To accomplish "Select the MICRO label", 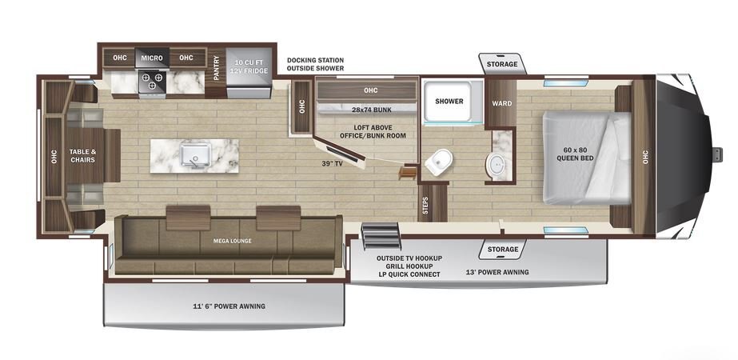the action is pyautogui.click(x=152, y=58).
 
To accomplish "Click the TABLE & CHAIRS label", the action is pyautogui.click(x=82, y=155).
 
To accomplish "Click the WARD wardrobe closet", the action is pyautogui.click(x=501, y=103).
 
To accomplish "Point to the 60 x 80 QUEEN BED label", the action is pyautogui.click(x=575, y=154).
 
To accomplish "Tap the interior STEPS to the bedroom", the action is pyautogui.click(x=433, y=202).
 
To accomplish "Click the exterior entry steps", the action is pyautogui.click(x=381, y=236).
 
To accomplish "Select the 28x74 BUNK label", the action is pyautogui.click(x=372, y=110).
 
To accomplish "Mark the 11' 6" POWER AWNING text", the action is pyautogui.click(x=229, y=306).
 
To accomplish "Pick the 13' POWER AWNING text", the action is pyautogui.click(x=497, y=272).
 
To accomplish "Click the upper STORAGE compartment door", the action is pyautogui.click(x=502, y=64).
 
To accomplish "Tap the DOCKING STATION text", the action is pyautogui.click(x=315, y=60).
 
